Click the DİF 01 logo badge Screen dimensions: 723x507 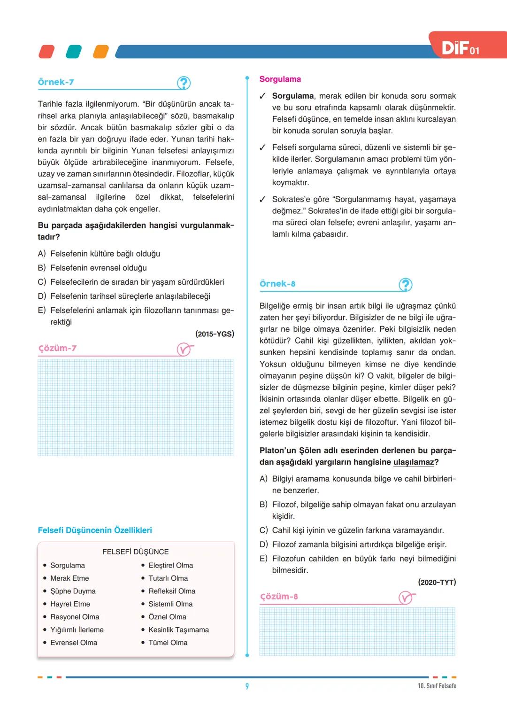[x=461, y=48]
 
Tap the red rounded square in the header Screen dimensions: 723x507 [x=46, y=52]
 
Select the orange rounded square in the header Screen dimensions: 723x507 [x=100, y=52]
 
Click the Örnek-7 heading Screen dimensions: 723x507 [x=56, y=82]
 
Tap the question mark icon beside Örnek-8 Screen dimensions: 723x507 [x=405, y=285]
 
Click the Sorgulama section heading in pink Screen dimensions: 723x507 [x=280, y=79]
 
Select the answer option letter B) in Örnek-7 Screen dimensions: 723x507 [x=42, y=268]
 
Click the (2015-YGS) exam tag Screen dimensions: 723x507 [x=215, y=334]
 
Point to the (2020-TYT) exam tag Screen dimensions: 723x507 [x=437, y=583]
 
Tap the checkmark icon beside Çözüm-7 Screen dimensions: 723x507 [x=184, y=350]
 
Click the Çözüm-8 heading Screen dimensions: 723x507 [x=279, y=597]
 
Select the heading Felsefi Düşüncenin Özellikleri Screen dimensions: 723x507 [x=95, y=530]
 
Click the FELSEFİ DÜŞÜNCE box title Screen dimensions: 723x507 [x=135, y=552]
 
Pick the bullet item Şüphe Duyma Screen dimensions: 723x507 [x=73, y=591]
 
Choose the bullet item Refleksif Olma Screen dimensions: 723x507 [x=172, y=591]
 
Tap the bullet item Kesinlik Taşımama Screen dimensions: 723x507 [x=178, y=630]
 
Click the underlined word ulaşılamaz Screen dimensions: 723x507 [x=413, y=462]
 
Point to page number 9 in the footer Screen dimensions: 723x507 [x=247, y=686]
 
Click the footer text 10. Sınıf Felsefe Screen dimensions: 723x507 [x=437, y=686]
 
